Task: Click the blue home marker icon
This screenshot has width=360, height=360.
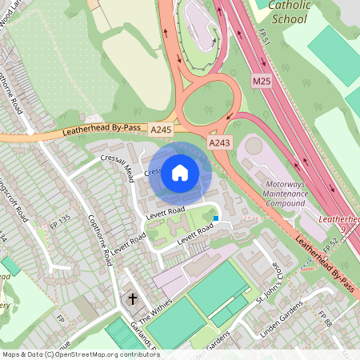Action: coord(180,172)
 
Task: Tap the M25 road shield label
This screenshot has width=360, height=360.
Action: coord(262,82)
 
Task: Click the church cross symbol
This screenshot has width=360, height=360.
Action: coord(131,299)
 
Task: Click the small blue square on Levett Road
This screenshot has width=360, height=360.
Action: coord(215,218)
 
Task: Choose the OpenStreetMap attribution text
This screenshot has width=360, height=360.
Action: coord(70,354)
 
